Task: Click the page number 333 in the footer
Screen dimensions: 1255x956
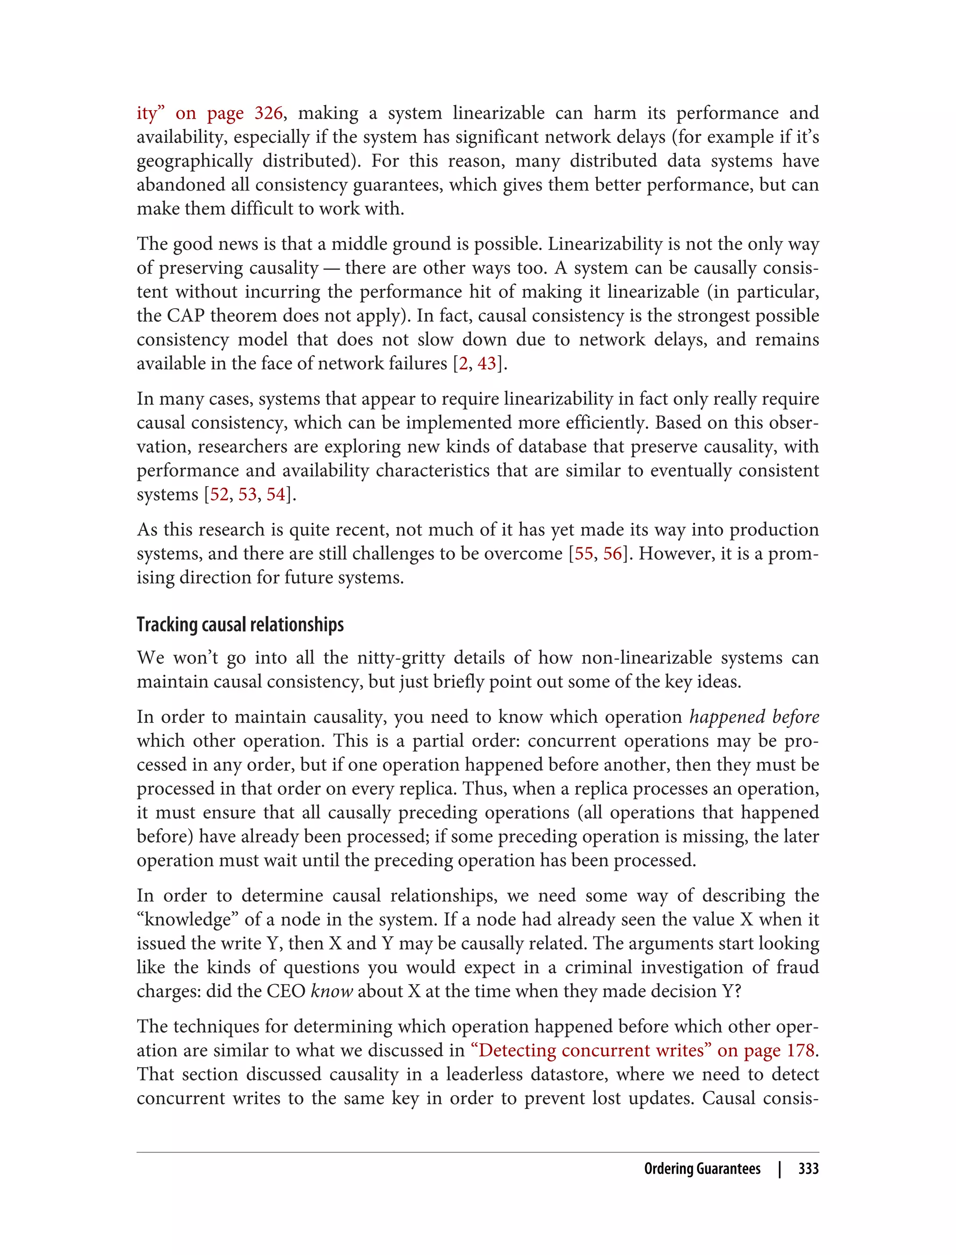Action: tap(808, 1169)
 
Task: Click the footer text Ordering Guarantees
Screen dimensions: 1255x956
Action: tap(702, 1169)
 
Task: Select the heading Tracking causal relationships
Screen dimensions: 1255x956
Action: tap(240, 624)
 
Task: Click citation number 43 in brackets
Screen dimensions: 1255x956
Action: tap(487, 363)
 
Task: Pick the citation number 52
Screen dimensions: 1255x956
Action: tap(219, 494)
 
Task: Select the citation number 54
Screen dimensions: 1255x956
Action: tap(275, 494)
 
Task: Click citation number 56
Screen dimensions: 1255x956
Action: tap(612, 553)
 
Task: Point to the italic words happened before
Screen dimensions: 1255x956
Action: tap(754, 717)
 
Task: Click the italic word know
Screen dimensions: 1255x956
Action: tap(332, 991)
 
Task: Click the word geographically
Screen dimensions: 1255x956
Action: tap(194, 161)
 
